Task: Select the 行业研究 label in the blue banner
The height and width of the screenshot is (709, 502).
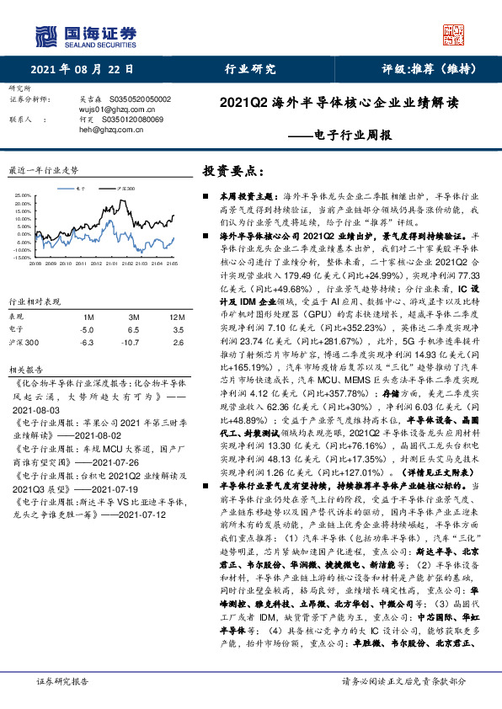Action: [249, 71]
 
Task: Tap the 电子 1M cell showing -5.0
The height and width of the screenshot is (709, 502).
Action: [86, 330]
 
